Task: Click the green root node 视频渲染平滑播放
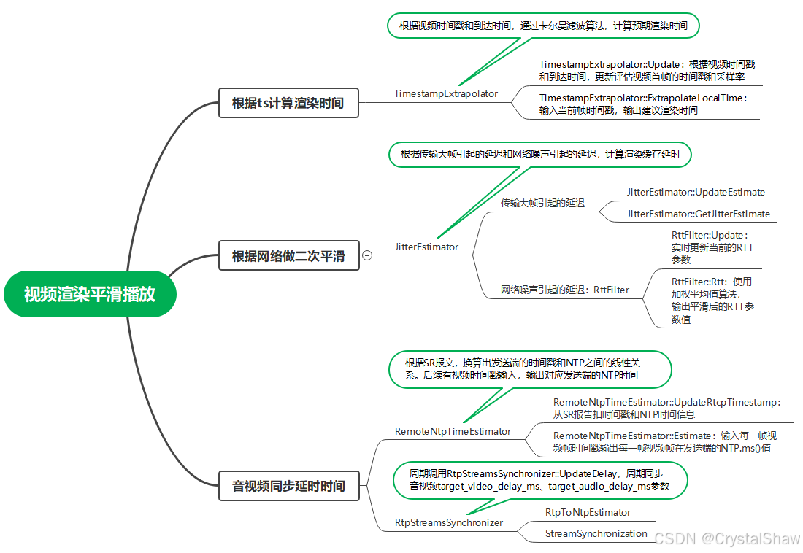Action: pos(90,294)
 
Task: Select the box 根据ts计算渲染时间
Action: pos(288,103)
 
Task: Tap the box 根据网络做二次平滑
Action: pos(289,255)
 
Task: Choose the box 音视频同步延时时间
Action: pos(289,486)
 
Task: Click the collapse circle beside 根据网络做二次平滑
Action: pos(367,255)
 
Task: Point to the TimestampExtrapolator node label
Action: pos(445,93)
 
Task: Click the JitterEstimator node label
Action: pos(426,247)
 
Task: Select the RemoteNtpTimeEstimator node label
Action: pos(453,432)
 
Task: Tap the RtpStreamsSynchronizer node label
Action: pos(449,523)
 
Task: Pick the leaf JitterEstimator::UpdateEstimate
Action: pos(696,192)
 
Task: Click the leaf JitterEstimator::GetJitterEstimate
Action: pos(699,214)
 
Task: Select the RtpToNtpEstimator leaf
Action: pos(588,513)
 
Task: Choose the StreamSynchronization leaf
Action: pos(596,533)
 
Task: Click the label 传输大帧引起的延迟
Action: pos(542,204)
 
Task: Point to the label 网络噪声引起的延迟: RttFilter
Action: pos(565,290)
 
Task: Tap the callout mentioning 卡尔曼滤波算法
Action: pos(543,26)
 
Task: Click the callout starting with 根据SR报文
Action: pos(530,369)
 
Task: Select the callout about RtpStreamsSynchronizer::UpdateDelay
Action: pos(539,480)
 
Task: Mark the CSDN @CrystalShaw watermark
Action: pos(727,538)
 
